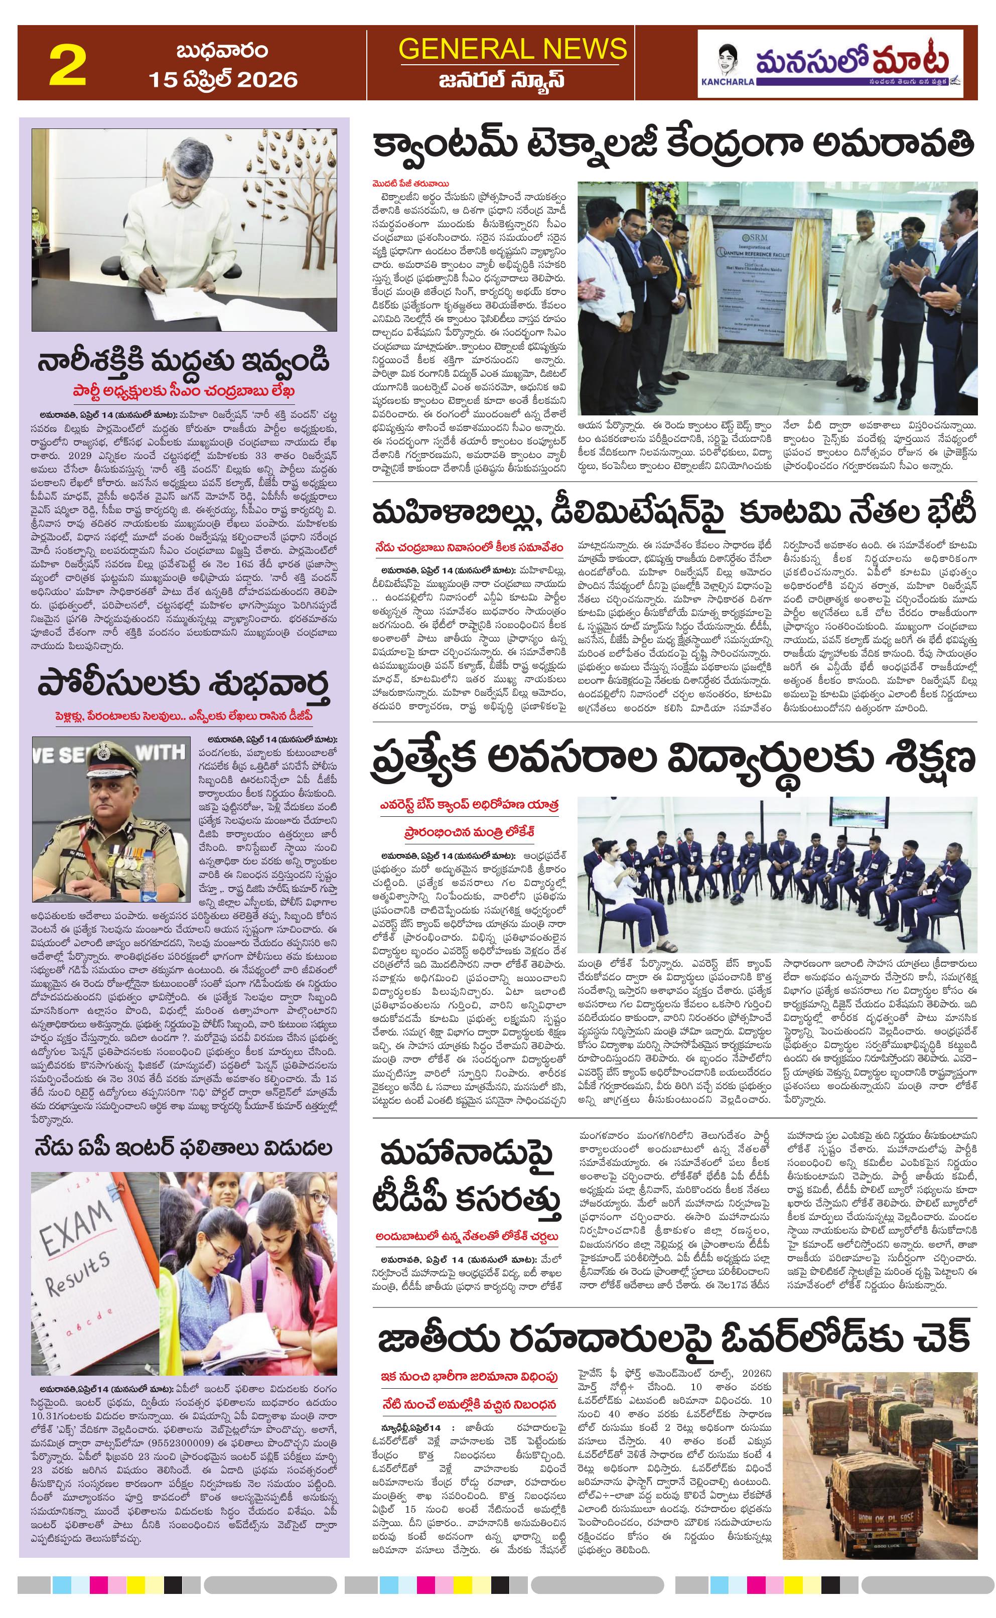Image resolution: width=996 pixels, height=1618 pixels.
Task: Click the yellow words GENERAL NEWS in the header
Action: click(x=512, y=49)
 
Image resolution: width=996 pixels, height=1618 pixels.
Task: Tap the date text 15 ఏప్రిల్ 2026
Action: click(x=223, y=80)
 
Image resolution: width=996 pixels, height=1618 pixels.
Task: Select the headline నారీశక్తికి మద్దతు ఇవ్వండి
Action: click(x=183, y=362)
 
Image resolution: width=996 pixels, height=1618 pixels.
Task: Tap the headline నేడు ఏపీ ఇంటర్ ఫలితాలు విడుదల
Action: click(x=183, y=1148)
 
